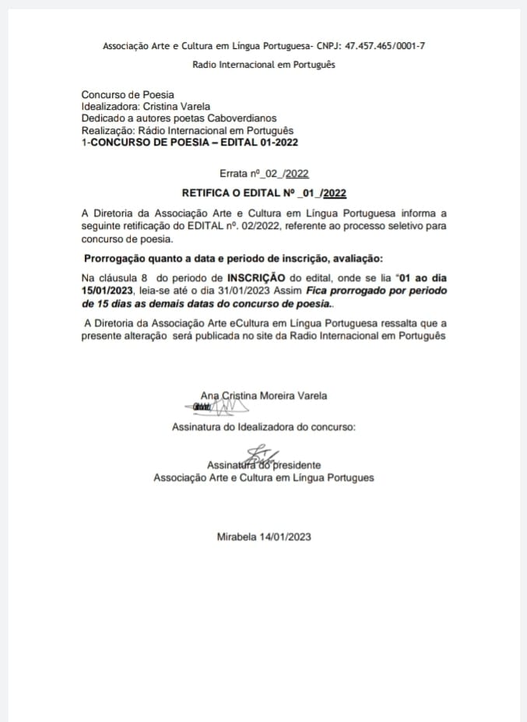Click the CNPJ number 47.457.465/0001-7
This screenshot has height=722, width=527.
[381, 46]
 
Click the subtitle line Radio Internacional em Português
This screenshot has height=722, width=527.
[264, 65]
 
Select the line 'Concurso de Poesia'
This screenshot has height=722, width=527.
[128, 95]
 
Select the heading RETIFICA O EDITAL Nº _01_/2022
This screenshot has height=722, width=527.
[264, 192]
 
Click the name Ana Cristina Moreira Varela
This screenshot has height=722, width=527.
[265, 396]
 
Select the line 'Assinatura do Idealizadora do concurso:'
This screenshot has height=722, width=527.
[264, 427]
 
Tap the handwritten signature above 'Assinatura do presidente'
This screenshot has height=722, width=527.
[259, 454]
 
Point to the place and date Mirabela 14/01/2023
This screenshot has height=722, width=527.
[264, 537]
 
